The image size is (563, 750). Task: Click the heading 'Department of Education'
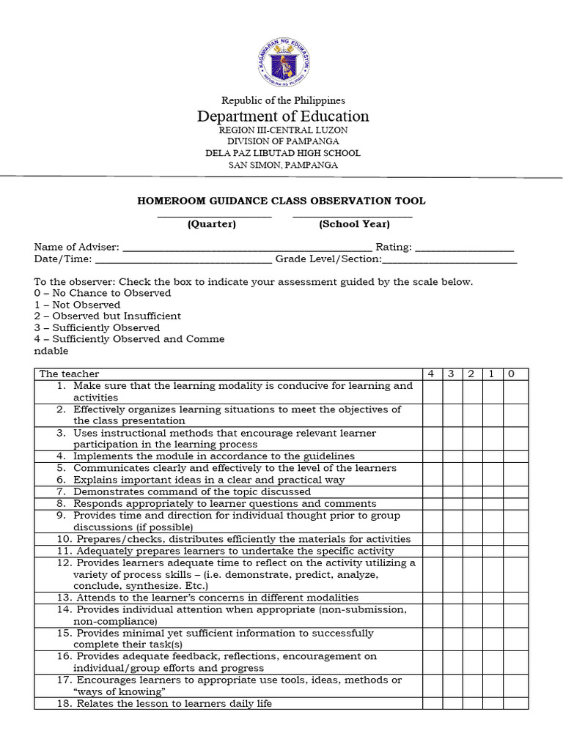click(283, 116)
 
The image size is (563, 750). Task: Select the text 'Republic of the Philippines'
click(283, 100)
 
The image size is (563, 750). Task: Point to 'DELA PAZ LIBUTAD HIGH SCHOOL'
click(283, 153)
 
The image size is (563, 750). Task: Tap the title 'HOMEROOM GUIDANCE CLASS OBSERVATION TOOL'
click(281, 201)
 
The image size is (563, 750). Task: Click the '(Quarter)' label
click(212, 224)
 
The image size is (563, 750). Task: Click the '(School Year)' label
click(354, 224)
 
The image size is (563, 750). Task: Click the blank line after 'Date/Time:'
click(183, 259)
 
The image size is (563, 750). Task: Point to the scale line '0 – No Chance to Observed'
click(103, 293)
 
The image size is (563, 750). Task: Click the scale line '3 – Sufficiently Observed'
click(97, 328)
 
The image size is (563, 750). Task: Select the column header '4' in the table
click(432, 374)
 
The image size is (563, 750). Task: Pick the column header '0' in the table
click(511, 374)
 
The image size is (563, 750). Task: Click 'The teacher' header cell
click(70, 374)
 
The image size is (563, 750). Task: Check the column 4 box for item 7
click(432, 492)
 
